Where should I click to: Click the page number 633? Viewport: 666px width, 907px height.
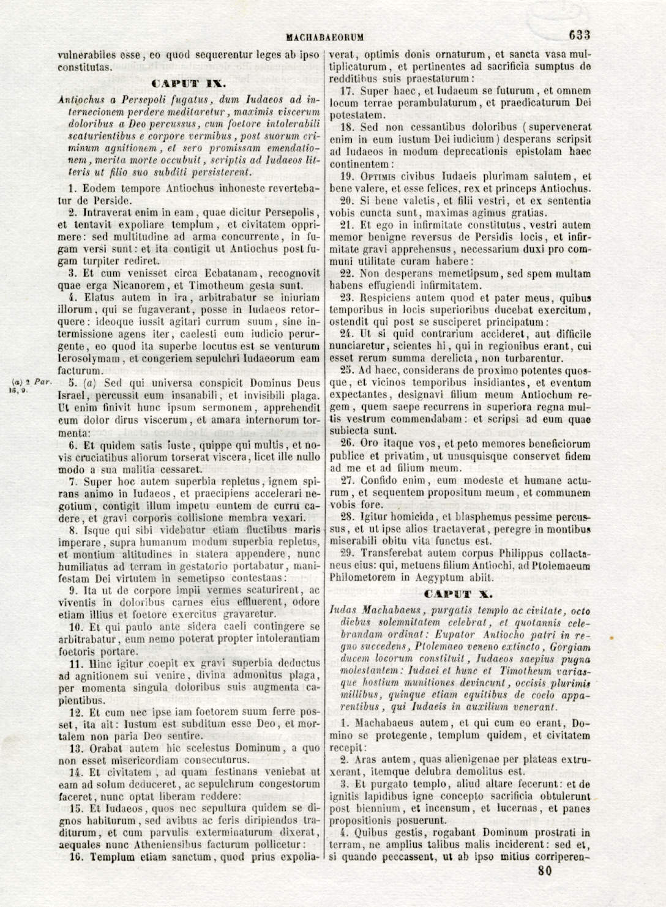(x=579, y=35)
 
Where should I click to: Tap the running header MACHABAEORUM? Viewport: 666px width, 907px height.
(x=324, y=37)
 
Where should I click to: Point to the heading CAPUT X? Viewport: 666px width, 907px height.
(x=458, y=594)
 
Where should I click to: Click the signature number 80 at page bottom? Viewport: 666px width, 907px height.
(x=544, y=872)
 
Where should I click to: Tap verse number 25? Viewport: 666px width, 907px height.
(x=347, y=371)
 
